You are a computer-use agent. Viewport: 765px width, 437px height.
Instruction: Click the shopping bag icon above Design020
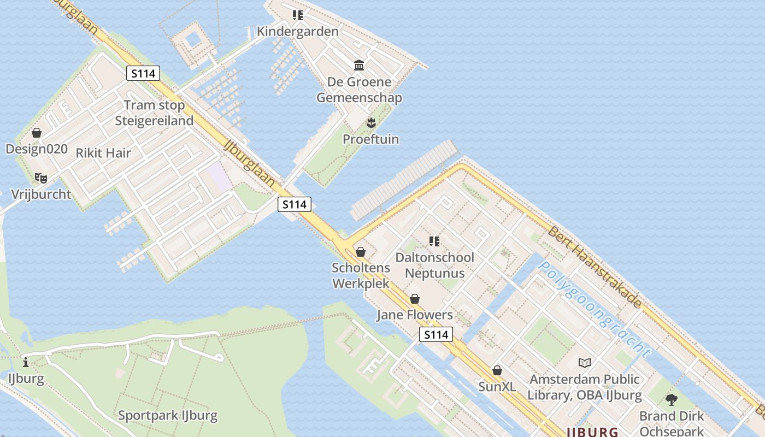(x=37, y=133)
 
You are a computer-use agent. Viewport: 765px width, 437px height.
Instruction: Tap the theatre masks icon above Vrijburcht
(x=41, y=178)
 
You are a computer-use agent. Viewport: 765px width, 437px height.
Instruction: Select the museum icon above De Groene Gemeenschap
(x=359, y=66)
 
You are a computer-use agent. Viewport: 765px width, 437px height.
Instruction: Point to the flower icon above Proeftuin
(x=371, y=122)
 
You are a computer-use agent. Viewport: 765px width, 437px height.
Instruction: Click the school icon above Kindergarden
(x=298, y=15)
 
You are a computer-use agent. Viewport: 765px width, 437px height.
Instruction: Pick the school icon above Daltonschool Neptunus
(x=434, y=241)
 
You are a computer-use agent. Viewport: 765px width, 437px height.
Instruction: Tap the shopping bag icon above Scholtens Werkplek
(x=361, y=252)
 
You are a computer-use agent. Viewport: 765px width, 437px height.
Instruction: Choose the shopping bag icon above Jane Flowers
(x=415, y=299)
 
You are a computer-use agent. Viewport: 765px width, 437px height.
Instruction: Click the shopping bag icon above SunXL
(x=497, y=370)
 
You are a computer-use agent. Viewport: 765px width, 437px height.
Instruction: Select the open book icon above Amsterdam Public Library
(x=585, y=363)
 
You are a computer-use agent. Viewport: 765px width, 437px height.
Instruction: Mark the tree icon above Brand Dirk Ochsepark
(x=672, y=400)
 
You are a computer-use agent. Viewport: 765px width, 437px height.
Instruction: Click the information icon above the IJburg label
(x=26, y=362)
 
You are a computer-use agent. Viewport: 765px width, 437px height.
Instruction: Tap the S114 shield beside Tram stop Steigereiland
(x=143, y=73)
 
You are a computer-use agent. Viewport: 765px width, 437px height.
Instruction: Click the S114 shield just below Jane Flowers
(x=436, y=334)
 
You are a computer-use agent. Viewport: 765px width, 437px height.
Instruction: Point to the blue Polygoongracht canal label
(x=595, y=309)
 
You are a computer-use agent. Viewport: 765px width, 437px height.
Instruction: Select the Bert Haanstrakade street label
(x=595, y=266)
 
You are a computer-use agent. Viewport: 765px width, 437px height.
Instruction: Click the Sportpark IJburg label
(x=168, y=415)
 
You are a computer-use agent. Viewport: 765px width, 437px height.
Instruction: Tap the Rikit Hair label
(x=103, y=153)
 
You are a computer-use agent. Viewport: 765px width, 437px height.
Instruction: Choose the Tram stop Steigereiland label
(x=154, y=113)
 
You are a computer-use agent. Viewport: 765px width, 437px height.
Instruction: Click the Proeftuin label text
(x=370, y=139)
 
